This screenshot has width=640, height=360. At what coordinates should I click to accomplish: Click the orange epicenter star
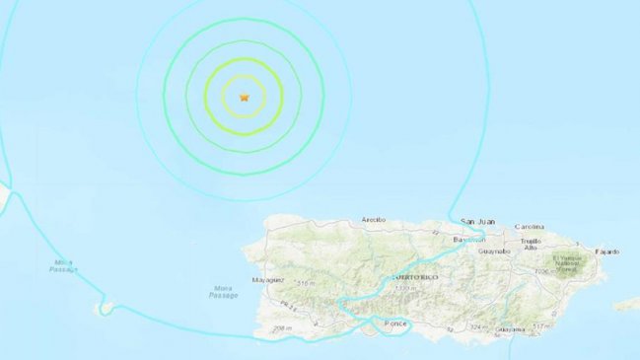[x=245, y=97]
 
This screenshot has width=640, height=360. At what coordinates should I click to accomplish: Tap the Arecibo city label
[x=373, y=220]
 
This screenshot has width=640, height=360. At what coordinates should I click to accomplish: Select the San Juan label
[x=479, y=221]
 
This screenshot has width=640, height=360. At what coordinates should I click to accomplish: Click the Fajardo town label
[x=607, y=251]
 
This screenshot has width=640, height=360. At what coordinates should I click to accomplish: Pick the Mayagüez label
[x=267, y=279]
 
